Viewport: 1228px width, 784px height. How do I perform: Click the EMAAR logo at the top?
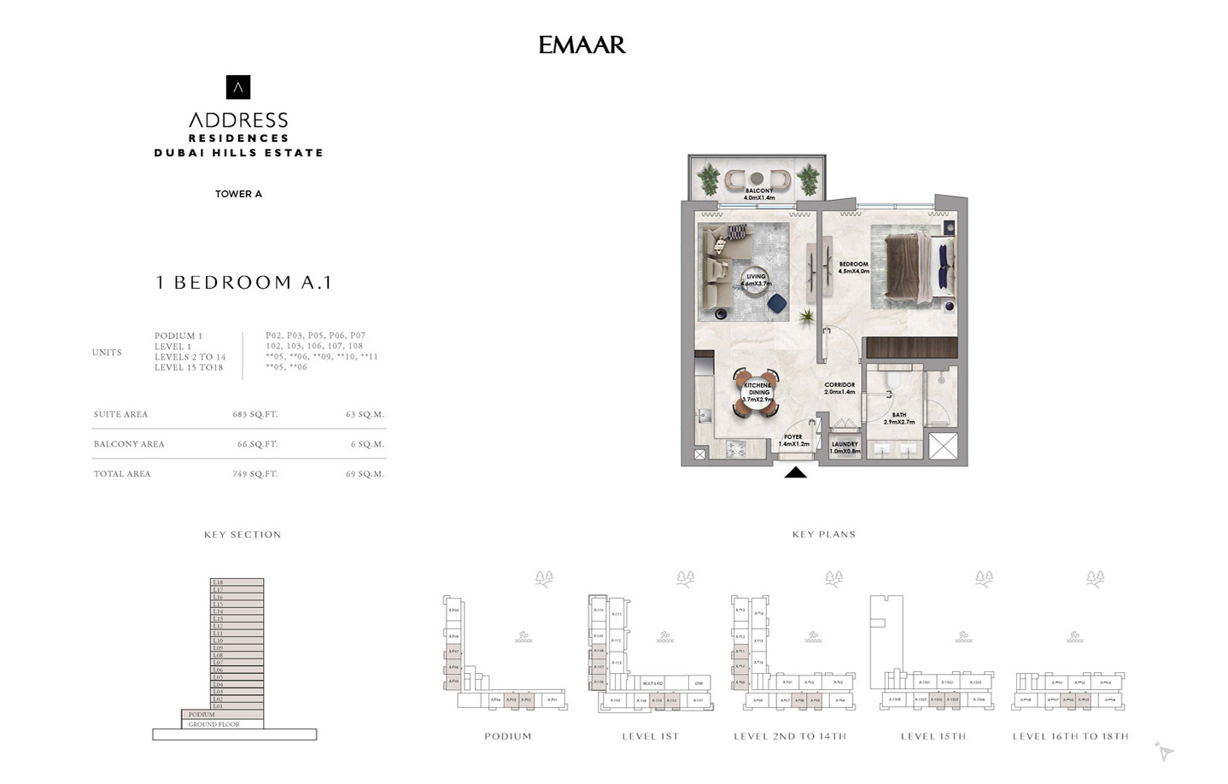[582, 44]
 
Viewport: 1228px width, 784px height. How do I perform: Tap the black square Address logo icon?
[238, 87]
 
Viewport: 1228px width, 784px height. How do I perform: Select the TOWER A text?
[238, 194]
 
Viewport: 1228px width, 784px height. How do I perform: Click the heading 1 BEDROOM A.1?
[243, 283]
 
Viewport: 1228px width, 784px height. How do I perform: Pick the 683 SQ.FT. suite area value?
[254, 414]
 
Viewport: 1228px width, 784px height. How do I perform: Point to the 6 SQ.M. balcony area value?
[366, 444]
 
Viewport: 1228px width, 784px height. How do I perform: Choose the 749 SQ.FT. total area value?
[254, 474]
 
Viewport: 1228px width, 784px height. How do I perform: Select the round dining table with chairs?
[757, 393]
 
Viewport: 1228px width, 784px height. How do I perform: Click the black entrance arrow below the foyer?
[795, 472]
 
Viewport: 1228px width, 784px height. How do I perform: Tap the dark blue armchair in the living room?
[776, 303]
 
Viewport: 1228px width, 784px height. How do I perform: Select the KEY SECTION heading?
[243, 535]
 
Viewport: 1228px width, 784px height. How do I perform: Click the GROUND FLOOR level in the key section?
[213, 724]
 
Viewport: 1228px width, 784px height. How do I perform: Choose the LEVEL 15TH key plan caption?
[933, 736]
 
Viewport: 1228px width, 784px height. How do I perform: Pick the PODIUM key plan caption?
[507, 736]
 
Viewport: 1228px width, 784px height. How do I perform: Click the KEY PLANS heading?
[823, 535]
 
